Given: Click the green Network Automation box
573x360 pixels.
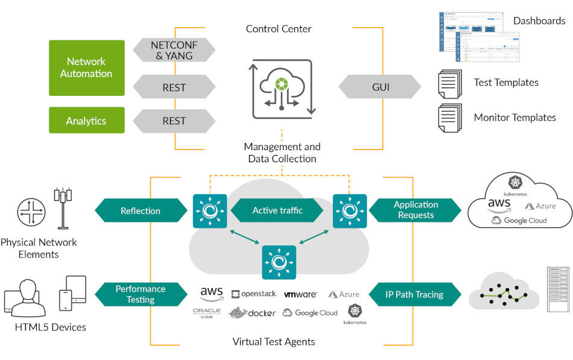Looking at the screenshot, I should (86, 68).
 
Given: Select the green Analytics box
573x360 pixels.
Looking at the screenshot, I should (86, 121).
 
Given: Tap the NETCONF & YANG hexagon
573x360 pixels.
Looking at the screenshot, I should (174, 49).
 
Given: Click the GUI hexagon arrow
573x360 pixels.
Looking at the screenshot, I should (380, 87).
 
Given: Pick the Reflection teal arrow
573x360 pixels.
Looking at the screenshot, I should (141, 210).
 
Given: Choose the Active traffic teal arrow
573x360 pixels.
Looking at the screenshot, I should (278, 210).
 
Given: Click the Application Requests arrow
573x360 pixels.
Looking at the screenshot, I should (416, 210).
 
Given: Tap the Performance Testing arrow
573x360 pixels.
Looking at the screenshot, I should (141, 294).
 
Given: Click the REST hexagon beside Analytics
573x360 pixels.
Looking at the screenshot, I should (174, 121).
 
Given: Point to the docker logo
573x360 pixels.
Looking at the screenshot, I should (253, 312).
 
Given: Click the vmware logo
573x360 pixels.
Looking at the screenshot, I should (300, 294).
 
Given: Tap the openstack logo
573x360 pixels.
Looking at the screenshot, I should (253, 294).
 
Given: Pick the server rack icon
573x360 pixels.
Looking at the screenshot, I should (557, 289).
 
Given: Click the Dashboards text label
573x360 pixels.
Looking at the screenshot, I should (539, 21).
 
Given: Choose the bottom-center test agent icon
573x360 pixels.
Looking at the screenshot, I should (279, 262).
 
